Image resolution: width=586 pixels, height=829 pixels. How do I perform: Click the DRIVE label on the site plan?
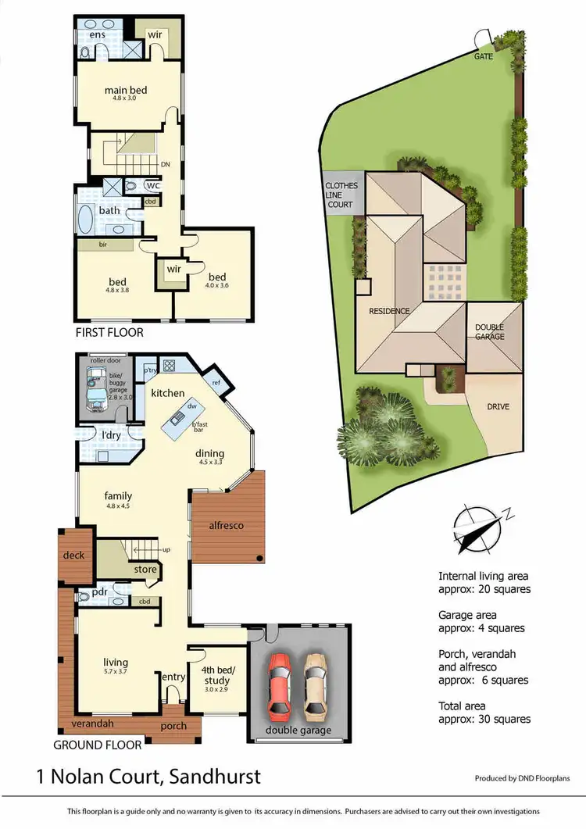click(x=498, y=407)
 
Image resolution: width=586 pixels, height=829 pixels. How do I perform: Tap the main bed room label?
click(x=126, y=91)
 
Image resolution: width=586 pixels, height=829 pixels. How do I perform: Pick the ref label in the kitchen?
click(x=216, y=383)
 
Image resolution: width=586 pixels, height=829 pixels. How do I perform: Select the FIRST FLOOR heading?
click(x=109, y=332)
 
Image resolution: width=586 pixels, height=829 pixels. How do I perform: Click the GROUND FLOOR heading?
click(x=98, y=745)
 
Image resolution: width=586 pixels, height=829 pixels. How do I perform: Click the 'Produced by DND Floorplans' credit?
click(x=523, y=778)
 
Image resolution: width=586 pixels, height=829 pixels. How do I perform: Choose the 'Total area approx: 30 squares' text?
click(x=484, y=712)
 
